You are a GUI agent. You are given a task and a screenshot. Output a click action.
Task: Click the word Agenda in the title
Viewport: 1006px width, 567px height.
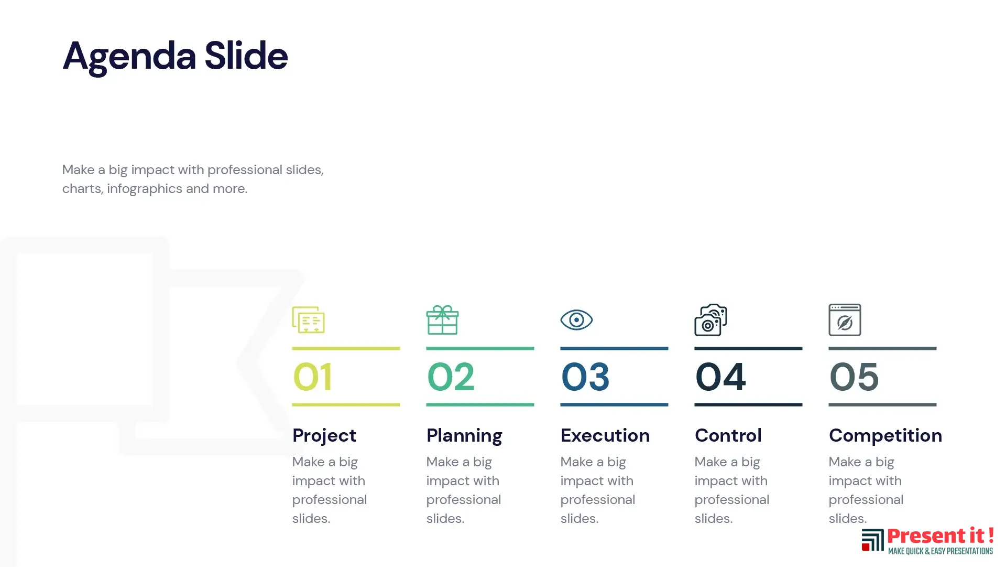(x=129, y=57)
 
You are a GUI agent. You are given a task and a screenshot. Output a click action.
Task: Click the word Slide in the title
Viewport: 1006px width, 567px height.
(x=246, y=55)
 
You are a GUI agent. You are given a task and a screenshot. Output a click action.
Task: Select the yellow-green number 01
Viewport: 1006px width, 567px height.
(x=312, y=377)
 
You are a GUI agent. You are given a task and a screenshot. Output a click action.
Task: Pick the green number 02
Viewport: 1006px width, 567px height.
(x=451, y=377)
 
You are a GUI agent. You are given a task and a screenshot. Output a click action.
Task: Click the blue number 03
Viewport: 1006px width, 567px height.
(x=585, y=377)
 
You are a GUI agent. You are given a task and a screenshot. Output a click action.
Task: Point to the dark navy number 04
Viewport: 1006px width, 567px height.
(x=720, y=377)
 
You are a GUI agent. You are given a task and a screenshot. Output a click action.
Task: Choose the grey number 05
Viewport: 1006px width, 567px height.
(x=854, y=377)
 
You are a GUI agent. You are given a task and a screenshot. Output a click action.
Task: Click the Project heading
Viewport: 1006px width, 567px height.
(x=324, y=436)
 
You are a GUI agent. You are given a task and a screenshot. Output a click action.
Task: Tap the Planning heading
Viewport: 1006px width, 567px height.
(x=464, y=436)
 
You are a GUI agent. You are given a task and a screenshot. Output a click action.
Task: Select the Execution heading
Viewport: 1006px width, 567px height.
(x=605, y=435)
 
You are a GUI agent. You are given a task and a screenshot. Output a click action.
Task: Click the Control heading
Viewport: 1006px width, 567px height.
(x=728, y=435)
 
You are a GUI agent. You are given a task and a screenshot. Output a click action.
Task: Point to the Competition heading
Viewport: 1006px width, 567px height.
(x=885, y=436)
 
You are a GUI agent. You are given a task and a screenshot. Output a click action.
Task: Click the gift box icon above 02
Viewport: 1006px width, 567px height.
(x=442, y=319)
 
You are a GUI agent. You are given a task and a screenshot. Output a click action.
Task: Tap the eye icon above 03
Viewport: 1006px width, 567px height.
(x=576, y=320)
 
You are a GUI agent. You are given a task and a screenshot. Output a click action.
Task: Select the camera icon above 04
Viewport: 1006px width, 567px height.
(x=710, y=319)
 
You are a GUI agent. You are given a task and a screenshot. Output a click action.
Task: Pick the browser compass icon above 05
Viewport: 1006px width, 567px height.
(x=845, y=319)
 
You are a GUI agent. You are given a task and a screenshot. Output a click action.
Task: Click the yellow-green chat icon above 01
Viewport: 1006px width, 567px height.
(x=308, y=319)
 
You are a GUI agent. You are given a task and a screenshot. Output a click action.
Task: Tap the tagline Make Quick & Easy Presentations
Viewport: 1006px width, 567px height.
(x=941, y=551)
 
